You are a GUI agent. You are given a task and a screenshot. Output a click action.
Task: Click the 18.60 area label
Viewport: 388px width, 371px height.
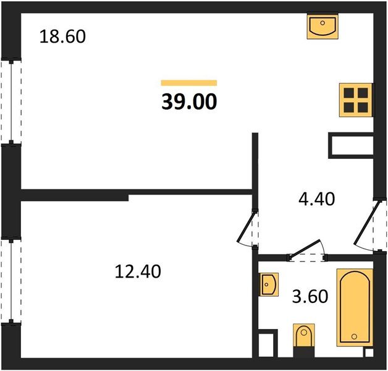click(62, 36)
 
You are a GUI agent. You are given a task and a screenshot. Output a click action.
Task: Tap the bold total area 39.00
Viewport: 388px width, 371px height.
click(189, 101)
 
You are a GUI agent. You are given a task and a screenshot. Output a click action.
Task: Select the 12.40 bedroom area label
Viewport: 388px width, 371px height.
click(138, 271)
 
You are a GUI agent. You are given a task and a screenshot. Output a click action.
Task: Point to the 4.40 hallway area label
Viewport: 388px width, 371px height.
click(317, 199)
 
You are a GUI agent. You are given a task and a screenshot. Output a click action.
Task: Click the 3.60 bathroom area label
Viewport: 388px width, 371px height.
click(310, 296)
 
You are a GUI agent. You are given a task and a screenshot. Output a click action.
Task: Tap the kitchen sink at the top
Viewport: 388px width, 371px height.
click(323, 26)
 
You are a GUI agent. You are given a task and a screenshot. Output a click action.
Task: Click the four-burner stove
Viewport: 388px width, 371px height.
click(356, 100)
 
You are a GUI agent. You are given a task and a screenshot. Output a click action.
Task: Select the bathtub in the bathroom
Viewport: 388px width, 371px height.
click(355, 307)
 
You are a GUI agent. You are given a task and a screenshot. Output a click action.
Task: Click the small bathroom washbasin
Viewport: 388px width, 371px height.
click(269, 284)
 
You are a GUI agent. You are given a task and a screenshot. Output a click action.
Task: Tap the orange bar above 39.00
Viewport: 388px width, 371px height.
click(189, 83)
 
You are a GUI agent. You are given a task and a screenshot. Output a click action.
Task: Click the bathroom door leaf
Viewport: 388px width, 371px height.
click(306, 249)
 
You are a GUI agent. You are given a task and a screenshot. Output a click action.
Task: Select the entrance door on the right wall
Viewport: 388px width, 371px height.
click(367, 223)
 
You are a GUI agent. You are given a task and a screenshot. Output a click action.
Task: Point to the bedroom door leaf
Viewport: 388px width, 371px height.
click(245, 226)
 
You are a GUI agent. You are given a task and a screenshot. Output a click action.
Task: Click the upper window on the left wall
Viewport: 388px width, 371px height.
click(11, 101)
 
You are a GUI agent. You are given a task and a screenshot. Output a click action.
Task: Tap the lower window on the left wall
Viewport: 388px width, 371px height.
click(11, 281)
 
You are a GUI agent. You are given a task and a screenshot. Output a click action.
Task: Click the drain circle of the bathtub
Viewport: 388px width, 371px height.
click(355, 336)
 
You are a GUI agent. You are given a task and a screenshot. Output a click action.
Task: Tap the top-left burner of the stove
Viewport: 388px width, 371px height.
click(348, 93)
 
